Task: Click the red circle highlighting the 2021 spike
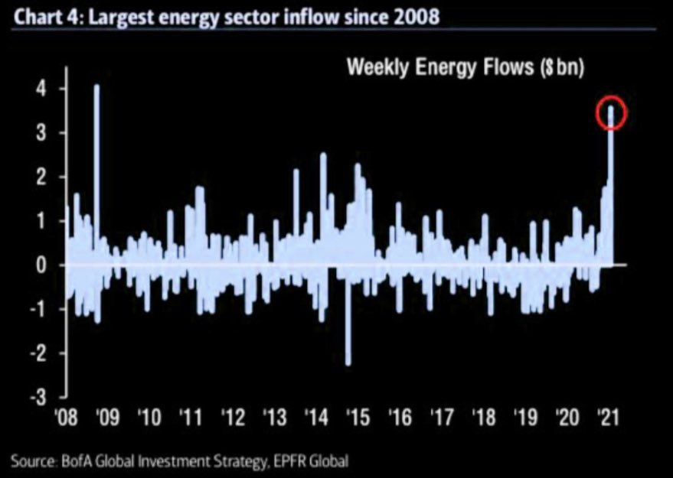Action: (x=612, y=113)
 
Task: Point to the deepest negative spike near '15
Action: (x=348, y=321)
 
